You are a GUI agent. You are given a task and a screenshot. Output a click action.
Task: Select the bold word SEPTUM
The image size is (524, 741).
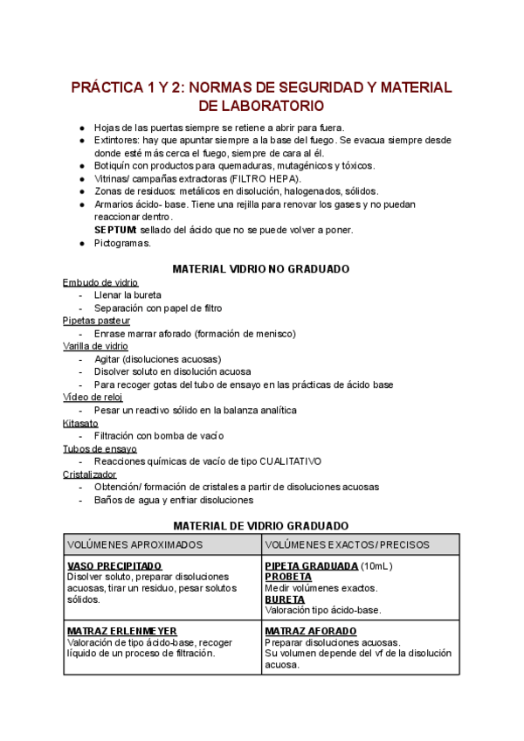point(115,230)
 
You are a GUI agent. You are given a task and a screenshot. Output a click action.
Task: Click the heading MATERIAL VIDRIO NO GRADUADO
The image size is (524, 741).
point(261,268)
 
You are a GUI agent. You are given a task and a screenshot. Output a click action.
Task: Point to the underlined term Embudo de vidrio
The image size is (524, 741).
point(100,282)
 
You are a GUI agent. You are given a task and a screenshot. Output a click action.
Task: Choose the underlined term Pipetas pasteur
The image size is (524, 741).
point(96,321)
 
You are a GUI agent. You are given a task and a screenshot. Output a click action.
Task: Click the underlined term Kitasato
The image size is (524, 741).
point(80,423)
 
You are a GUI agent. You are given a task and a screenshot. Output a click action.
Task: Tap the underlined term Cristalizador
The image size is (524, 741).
point(89,474)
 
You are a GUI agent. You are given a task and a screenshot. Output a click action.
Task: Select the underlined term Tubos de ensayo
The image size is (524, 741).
point(100,449)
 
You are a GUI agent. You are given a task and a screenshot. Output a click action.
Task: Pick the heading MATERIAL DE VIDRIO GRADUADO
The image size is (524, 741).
point(261,526)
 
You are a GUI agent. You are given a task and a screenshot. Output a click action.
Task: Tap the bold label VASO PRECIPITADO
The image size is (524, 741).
point(114,566)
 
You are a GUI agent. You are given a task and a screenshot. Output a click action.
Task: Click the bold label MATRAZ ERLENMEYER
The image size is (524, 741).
point(122,631)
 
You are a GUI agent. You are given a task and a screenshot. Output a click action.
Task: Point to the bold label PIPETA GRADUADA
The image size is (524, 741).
point(312,566)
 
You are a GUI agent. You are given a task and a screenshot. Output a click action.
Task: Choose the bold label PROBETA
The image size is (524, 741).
point(288,578)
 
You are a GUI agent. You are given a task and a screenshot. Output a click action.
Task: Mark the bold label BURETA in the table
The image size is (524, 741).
point(285,599)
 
